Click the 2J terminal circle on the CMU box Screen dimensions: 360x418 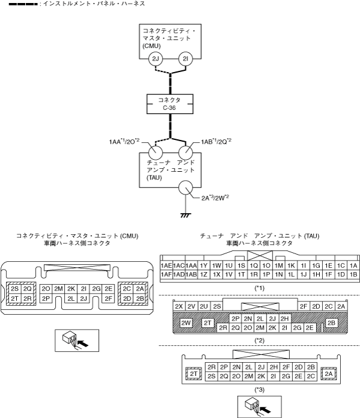[x=155, y=59]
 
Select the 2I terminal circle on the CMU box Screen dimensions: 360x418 [x=185, y=59]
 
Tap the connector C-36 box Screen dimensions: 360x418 [x=170, y=104]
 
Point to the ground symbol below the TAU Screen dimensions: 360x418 [x=185, y=215]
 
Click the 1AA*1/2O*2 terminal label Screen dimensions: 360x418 [x=124, y=141]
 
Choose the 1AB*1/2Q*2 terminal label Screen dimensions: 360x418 [x=216, y=141]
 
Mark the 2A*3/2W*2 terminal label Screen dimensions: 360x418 [x=215, y=198]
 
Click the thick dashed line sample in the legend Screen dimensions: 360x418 [x=23, y=4]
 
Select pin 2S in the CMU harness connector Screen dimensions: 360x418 [x=14, y=289]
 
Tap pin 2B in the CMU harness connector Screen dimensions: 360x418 [x=140, y=298]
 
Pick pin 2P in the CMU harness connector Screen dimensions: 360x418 [x=46, y=298]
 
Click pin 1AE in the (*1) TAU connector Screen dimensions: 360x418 [x=166, y=265]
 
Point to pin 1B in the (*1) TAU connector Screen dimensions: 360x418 [x=353, y=274]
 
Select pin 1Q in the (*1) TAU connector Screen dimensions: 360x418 [x=254, y=265]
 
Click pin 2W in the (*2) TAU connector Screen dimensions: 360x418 [x=185, y=323]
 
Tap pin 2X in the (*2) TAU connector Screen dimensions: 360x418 [x=179, y=306]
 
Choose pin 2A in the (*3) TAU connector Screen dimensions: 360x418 [x=329, y=374]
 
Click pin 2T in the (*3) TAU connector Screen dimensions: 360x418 [x=194, y=374]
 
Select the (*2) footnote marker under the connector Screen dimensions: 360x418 [x=260, y=341]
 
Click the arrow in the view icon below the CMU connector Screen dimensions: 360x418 [x=84, y=344]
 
